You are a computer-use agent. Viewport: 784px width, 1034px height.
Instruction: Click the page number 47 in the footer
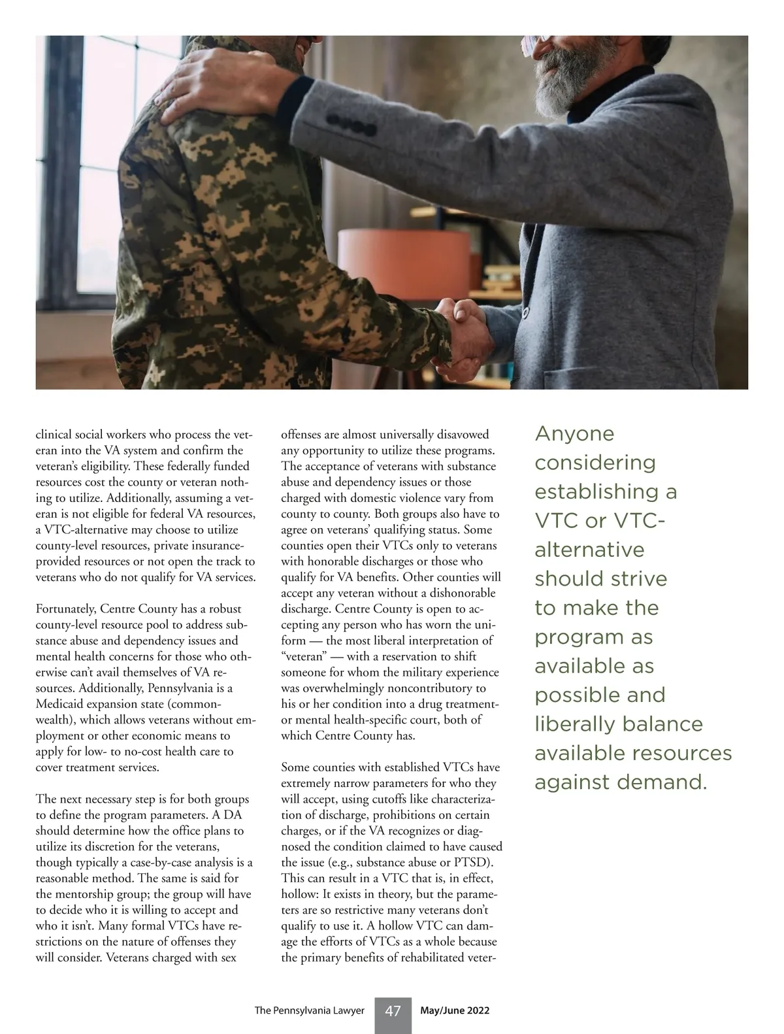(x=393, y=1011)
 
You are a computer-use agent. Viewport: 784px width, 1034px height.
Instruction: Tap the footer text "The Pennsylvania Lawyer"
(x=309, y=1011)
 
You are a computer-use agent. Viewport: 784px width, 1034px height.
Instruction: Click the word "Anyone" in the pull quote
(x=574, y=434)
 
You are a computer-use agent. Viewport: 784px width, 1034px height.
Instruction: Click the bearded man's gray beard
(x=559, y=85)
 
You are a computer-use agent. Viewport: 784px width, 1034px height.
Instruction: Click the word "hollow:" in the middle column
(x=299, y=894)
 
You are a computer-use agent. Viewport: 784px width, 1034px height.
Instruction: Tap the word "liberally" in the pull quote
(x=574, y=724)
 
